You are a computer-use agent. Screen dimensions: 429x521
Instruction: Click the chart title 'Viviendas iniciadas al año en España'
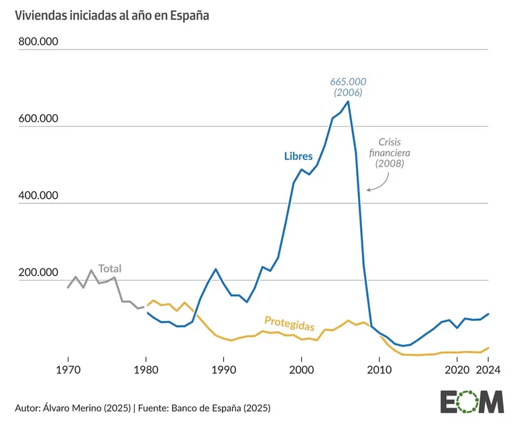tap(113, 15)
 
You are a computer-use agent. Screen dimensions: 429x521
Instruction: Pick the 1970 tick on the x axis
tap(67, 369)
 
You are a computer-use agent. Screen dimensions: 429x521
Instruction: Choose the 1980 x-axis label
tap(146, 369)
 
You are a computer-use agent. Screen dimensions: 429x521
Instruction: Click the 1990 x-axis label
tap(223, 369)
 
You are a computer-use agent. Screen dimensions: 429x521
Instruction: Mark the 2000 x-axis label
tap(302, 369)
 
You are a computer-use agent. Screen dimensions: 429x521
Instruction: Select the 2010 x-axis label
tap(380, 369)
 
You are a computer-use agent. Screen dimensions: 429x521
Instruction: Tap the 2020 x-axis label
tap(457, 369)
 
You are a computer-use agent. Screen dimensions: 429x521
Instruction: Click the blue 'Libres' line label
tap(298, 156)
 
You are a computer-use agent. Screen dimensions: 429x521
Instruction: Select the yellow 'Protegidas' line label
tap(290, 323)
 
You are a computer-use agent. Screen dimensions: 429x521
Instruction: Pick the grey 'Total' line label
tap(110, 269)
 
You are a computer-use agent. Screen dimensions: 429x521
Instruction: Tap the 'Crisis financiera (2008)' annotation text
tap(390, 152)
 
